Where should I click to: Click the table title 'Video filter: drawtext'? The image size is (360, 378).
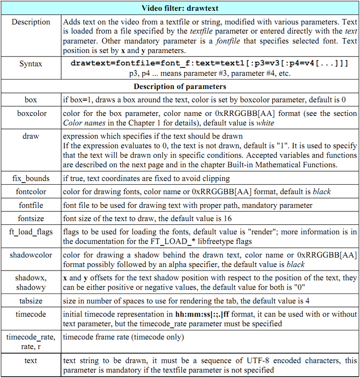180,8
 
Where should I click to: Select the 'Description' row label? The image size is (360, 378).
31,22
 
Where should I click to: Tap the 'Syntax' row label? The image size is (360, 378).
31,64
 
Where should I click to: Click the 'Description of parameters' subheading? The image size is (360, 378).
180,86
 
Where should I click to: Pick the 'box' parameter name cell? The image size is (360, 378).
31,100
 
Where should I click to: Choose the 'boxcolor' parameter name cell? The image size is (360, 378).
31,114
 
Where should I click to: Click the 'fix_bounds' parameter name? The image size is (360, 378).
31,178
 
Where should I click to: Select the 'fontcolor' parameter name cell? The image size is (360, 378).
31,191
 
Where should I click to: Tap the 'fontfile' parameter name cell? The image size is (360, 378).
31,205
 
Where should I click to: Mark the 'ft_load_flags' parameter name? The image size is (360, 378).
31,232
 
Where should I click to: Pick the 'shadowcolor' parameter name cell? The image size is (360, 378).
31,255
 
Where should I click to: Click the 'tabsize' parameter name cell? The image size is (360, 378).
31,301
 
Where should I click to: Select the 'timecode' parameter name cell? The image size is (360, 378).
31,314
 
